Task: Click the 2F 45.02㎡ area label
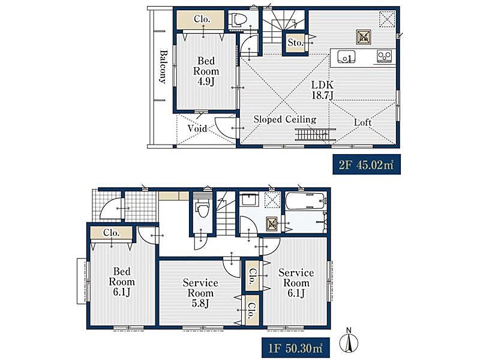click(x=367, y=164)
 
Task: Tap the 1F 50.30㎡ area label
click(x=295, y=347)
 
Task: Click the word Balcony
click(x=164, y=67)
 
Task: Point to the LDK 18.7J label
click(x=322, y=89)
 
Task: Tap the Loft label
click(x=362, y=122)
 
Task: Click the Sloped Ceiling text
click(x=284, y=119)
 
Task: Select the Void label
click(x=197, y=128)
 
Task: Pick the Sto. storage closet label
click(x=295, y=43)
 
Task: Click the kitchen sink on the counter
click(x=346, y=56)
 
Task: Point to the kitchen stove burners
click(x=384, y=56)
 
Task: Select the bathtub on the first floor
click(x=305, y=201)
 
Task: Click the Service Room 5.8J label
click(x=200, y=293)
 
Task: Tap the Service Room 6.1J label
click(x=296, y=283)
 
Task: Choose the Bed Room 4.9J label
click(x=206, y=71)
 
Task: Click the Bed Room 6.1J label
click(x=122, y=281)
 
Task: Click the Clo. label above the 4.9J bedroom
click(x=202, y=19)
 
